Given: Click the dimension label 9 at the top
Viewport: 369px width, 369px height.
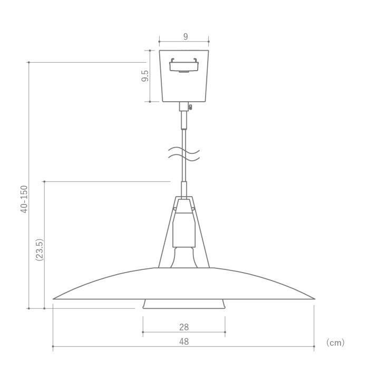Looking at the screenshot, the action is pos(186,37).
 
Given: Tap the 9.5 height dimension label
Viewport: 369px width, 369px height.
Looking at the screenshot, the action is pos(145,76).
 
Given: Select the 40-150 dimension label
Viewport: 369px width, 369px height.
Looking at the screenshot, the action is pos(24,199).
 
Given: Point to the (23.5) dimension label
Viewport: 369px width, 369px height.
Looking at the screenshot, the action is pos(40,250).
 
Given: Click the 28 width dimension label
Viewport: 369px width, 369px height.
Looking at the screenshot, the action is pos(184,327).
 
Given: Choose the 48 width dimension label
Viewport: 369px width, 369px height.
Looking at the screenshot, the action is pos(184,342).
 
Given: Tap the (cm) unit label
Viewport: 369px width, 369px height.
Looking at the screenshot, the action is pos(335,343).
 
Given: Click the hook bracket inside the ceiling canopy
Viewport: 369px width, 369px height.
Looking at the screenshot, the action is pos(184,65).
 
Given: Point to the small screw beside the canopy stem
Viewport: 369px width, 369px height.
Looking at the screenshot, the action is pos(190,107).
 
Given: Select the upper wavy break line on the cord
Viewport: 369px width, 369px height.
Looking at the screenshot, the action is pos(184,150).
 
